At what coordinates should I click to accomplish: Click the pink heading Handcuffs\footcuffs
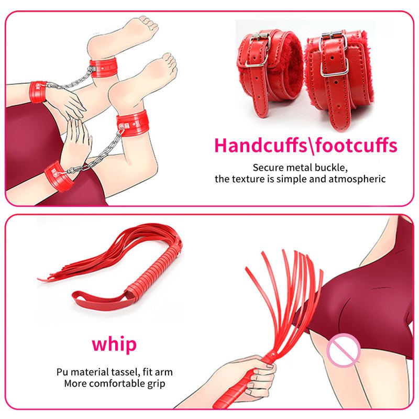coord(306,145)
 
